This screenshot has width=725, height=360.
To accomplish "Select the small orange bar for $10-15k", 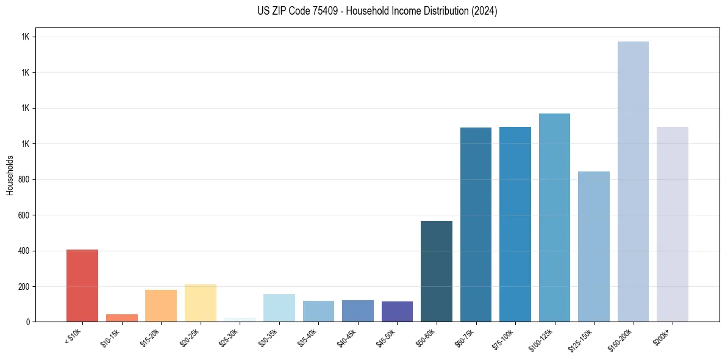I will (121, 318).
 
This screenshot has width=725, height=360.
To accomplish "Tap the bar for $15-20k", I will (161, 306).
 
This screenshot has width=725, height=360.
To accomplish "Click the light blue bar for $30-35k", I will (279, 308).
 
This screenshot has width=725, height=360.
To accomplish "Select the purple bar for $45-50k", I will (397, 312).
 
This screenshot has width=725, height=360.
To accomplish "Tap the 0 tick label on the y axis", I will (27, 322).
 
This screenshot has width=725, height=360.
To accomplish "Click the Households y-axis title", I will (10, 175).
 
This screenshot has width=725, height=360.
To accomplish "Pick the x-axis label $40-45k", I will (347, 337).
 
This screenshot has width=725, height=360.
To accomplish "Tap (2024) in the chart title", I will (484, 11).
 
